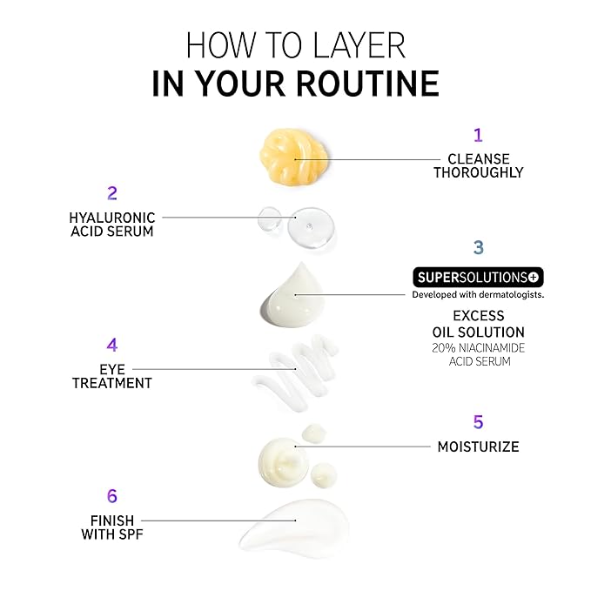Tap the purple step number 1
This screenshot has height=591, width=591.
coord(478,135)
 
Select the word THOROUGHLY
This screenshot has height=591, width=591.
coord(479,172)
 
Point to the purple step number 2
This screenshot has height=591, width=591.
coord(112,193)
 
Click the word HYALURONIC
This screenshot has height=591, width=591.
coord(112,218)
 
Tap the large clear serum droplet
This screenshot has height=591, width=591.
coord(311,227)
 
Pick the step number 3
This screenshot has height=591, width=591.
coord(479,247)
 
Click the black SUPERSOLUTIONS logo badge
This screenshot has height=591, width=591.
coord(479,278)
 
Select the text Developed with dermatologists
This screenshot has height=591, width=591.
coord(478,295)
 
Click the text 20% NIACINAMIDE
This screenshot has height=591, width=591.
coord(479,348)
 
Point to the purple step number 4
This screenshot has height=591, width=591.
coord(112,346)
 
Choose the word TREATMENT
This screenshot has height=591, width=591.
coord(112,383)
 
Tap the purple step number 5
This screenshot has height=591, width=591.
coord(479,422)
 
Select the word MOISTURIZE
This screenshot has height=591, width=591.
coord(479,447)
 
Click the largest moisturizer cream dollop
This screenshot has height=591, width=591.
coord(284,461)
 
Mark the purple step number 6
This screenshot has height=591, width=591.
coord(112,496)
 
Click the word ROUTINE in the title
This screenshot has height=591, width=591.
coord(368,84)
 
